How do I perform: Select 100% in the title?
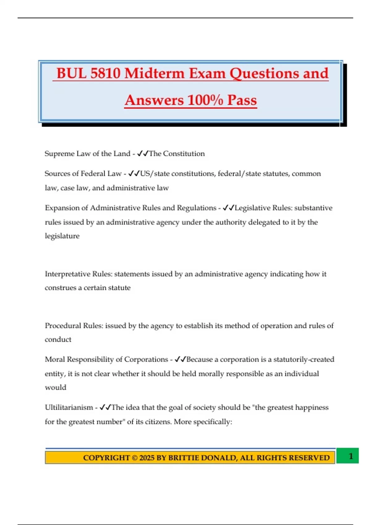click(x=205, y=100)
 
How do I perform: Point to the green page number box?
click(x=348, y=456)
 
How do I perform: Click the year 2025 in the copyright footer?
click(x=147, y=458)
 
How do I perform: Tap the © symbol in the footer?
click(x=134, y=458)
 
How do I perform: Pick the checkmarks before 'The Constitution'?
click(x=143, y=153)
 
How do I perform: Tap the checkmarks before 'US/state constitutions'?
click(x=134, y=174)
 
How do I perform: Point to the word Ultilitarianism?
click(x=69, y=407)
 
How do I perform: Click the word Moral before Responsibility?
click(x=55, y=359)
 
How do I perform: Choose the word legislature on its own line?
click(x=62, y=236)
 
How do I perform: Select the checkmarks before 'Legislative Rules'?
click(x=228, y=208)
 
